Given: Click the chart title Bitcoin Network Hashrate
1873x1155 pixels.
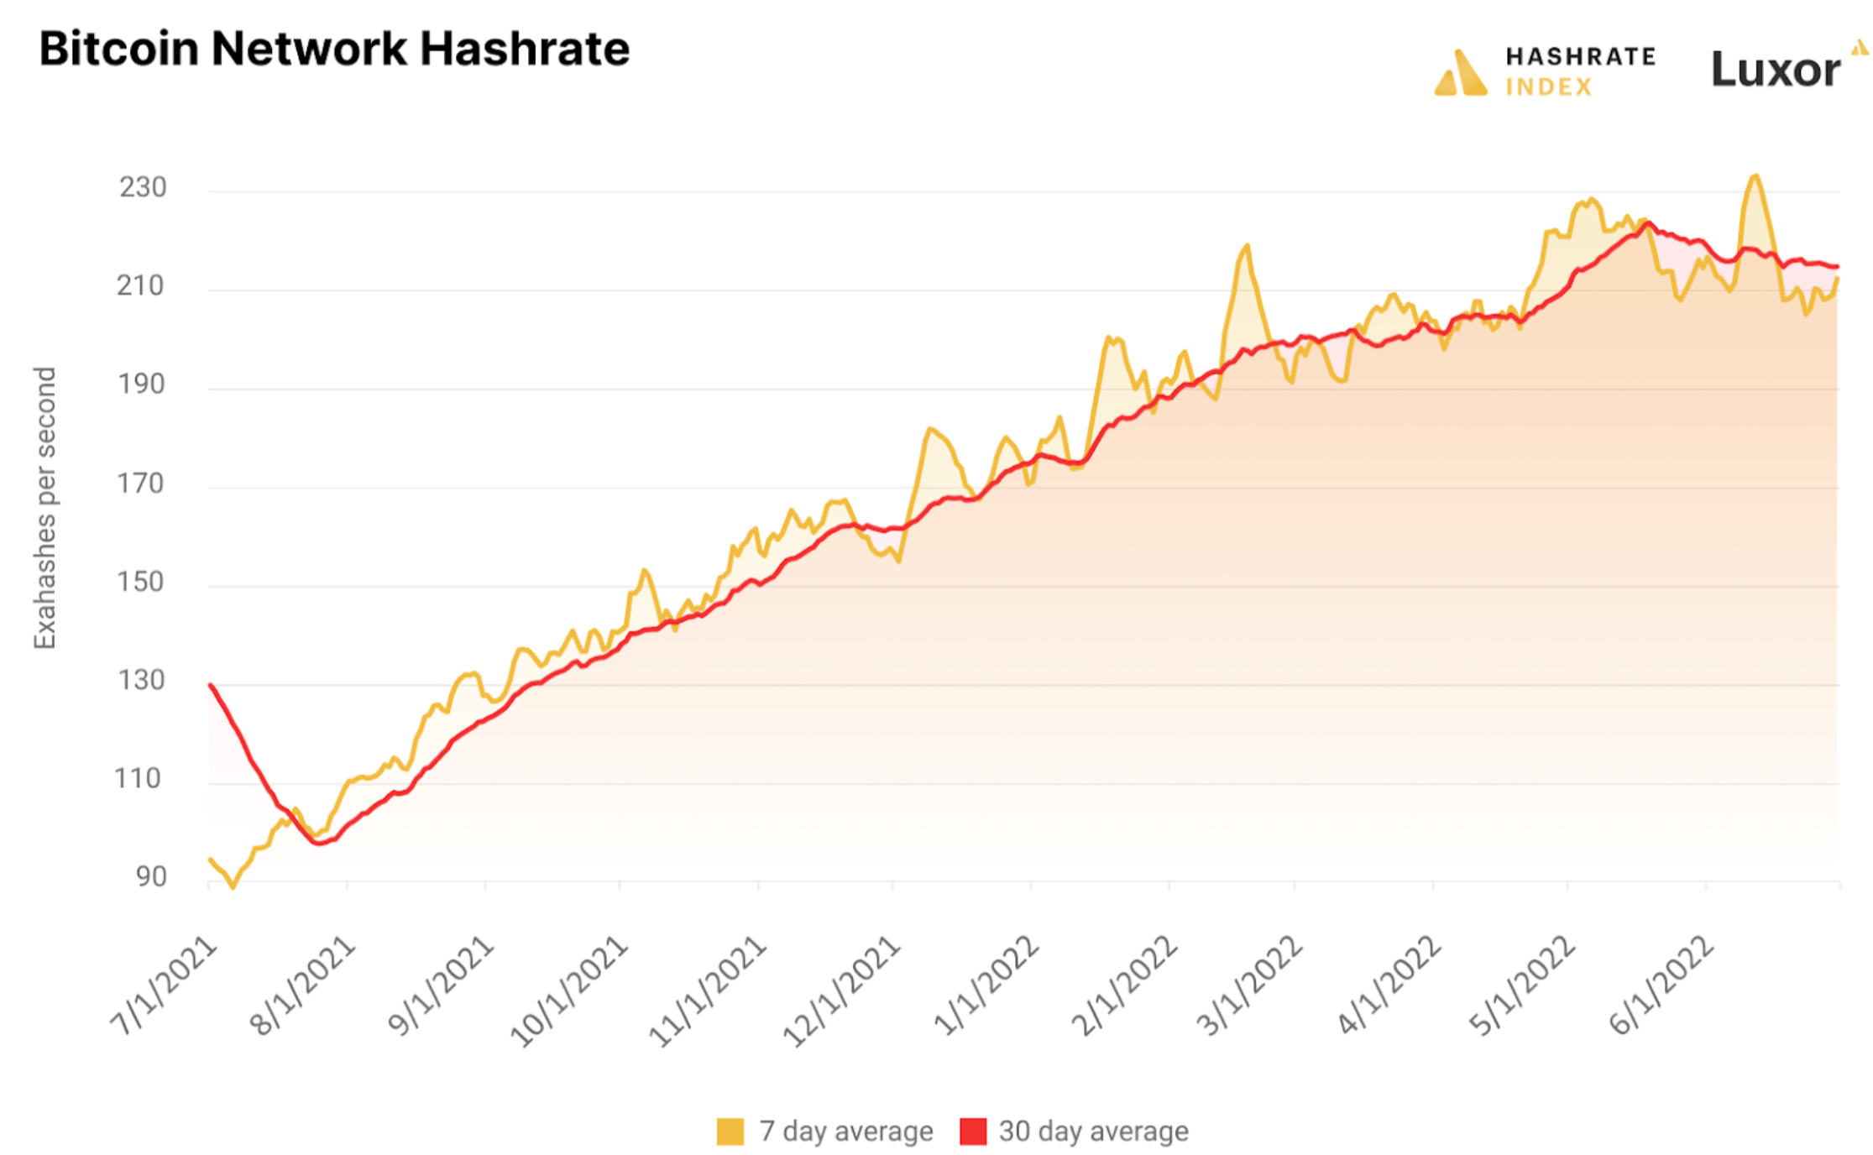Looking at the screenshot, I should [x=334, y=49].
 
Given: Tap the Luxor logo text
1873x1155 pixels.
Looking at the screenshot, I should [x=1775, y=70].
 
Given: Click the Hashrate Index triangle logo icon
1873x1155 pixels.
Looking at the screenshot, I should [x=1461, y=73].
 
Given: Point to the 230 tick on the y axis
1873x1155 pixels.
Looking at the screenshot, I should [x=143, y=187].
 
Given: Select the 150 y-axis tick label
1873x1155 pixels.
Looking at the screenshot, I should [x=141, y=582].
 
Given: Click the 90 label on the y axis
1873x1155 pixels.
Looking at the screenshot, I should [x=151, y=876].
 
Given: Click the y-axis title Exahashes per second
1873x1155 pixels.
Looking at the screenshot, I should [x=44, y=508].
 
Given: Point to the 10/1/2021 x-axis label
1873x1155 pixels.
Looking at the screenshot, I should [x=570, y=990].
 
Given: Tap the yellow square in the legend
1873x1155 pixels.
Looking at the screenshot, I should [x=730, y=1131].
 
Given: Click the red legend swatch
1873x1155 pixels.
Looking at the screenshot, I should [x=973, y=1131].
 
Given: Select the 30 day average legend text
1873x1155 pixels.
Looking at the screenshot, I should [x=1093, y=1131].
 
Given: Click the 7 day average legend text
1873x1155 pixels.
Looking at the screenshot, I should [x=845, y=1131].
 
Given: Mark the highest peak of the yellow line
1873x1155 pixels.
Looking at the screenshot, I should [x=1755, y=176].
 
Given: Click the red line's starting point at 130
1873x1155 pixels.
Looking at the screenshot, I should [x=211, y=685].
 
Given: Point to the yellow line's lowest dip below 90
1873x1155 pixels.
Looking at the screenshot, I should [x=233, y=886].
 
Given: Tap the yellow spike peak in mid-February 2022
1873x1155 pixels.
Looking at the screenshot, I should [x=1248, y=245].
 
